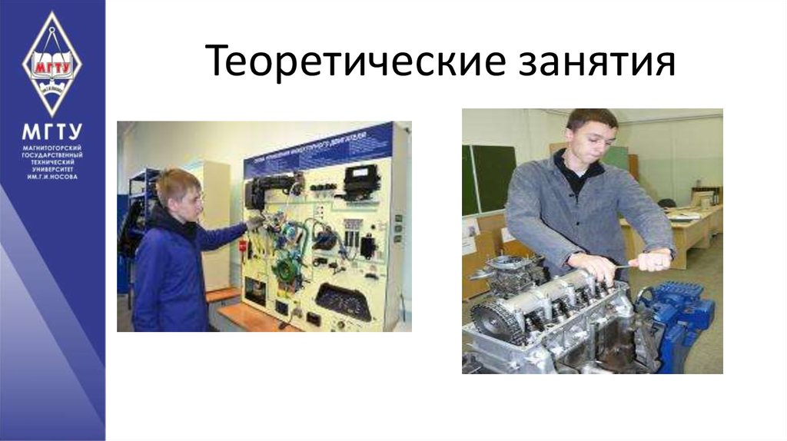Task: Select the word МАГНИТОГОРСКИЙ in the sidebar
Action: point(51,147)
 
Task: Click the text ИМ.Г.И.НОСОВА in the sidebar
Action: point(51,177)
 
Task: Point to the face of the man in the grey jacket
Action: point(589,138)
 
